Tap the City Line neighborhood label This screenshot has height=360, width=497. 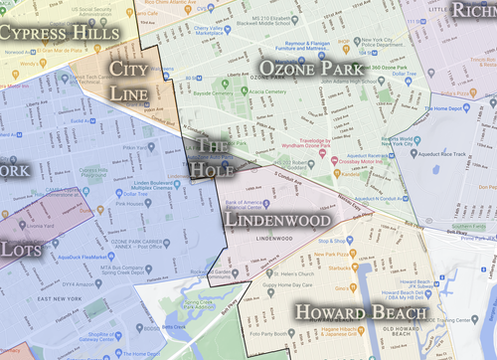[x=138, y=80]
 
